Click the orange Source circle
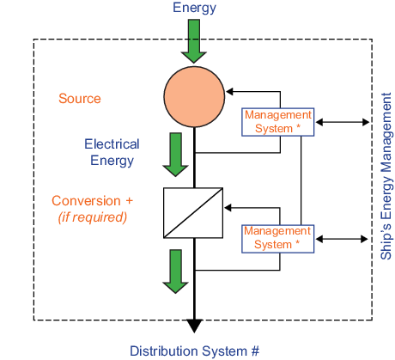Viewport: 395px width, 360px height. point(194,97)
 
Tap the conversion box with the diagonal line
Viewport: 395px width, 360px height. point(193,213)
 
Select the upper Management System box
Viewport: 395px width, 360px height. point(278,122)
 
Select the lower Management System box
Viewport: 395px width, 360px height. point(278,239)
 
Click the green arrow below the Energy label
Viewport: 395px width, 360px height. point(194,41)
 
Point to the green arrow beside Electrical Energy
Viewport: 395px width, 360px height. point(175,155)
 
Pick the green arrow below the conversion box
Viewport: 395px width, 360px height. point(175,272)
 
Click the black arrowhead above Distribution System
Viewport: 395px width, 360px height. point(194,326)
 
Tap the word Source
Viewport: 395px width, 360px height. point(80,99)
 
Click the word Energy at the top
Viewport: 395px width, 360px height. point(194,8)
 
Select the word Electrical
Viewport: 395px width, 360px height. point(112,143)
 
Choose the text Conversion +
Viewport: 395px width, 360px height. point(92,200)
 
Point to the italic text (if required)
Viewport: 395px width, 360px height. point(93,217)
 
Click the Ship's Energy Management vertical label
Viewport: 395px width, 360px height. point(386,176)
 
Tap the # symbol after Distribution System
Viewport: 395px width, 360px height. point(255,351)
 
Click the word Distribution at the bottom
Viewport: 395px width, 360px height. point(165,351)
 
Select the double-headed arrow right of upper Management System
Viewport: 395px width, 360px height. point(343,122)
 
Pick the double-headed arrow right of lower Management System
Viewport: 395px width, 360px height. point(342,239)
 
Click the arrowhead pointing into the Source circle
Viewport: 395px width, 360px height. point(229,92)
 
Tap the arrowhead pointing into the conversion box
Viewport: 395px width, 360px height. point(228,208)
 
